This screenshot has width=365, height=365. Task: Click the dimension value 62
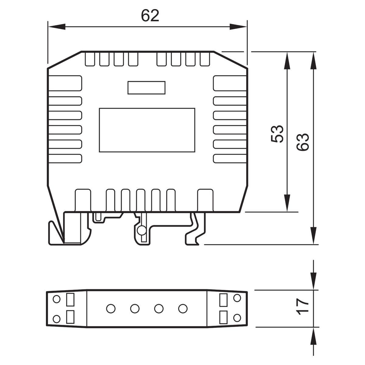coord(150,16)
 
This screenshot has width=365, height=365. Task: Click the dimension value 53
coord(277,134)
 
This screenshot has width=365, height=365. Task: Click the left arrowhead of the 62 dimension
coord(57,27)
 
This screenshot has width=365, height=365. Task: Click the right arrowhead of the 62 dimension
coord(238,27)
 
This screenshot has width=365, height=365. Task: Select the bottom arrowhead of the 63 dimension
coord(314,236)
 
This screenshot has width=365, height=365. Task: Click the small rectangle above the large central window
coord(146,88)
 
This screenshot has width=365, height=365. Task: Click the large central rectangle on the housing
coord(147,130)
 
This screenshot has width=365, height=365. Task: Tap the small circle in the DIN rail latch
coord(142,231)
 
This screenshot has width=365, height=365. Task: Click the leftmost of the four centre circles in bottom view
coord(111,308)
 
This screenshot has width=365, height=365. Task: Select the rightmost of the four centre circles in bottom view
coord(183,308)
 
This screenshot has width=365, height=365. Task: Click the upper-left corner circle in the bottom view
coord(57,299)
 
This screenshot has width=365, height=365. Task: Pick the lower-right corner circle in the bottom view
coord(237,318)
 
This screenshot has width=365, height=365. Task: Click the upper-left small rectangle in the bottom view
coord(70,300)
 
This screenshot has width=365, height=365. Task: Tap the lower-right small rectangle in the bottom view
coord(223,317)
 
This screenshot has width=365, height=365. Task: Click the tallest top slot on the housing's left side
coord(65,83)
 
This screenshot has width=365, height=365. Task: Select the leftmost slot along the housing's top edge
coord(90,59)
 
